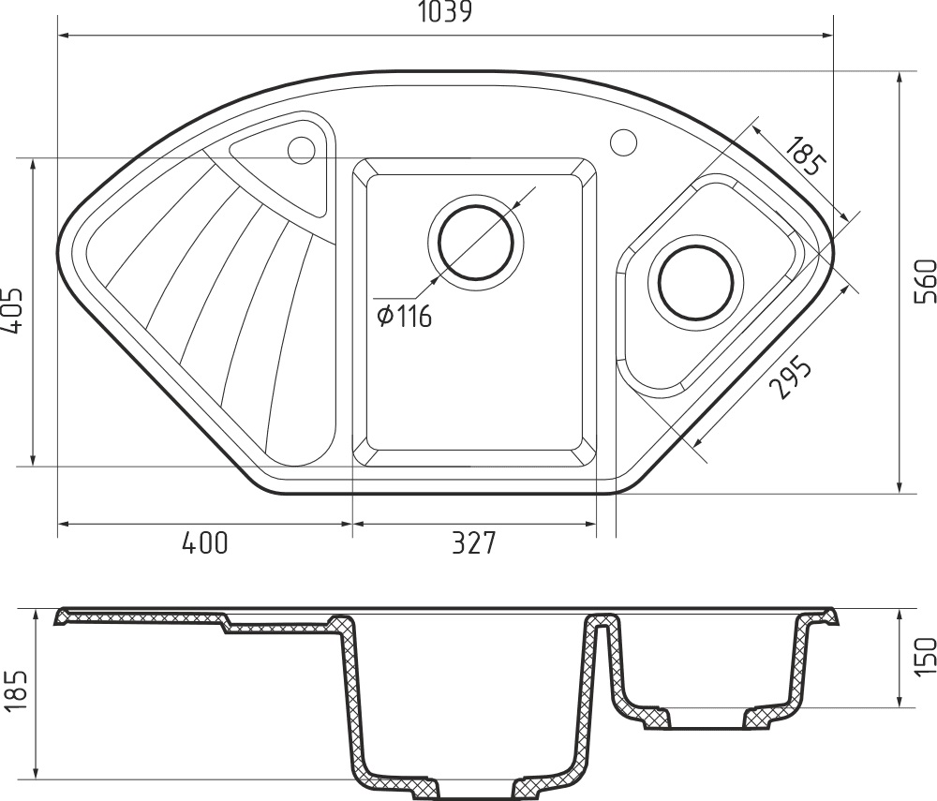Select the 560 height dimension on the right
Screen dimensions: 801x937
(x=922, y=280)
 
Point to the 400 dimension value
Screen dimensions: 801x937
(x=204, y=543)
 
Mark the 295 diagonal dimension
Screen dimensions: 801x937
(x=788, y=378)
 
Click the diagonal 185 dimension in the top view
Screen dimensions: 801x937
(x=806, y=156)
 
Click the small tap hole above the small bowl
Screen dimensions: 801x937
(x=623, y=142)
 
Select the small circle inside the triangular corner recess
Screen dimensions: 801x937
(x=302, y=148)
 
